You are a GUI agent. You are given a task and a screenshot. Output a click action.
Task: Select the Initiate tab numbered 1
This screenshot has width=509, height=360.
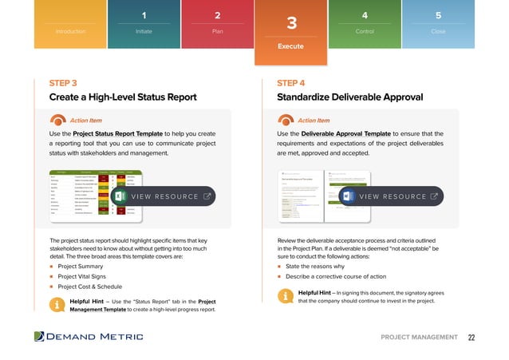pos(144,23)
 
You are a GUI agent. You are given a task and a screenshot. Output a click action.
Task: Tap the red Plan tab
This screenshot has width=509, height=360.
pos(218,23)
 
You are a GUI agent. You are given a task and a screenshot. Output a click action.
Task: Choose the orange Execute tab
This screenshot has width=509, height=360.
pos(291,32)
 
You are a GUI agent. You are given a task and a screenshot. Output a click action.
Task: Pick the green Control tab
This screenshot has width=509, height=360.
pos(365,23)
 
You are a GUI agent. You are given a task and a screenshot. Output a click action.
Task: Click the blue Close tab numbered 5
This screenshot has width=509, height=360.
pos(438,23)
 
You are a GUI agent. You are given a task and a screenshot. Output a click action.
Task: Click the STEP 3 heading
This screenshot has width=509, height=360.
pos(63,83)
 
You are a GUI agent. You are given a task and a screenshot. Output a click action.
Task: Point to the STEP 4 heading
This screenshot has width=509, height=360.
pos(290,83)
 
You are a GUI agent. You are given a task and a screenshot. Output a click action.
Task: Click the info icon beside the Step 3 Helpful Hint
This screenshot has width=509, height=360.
pos(57,304)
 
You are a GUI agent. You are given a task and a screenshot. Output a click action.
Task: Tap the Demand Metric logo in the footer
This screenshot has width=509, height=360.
pos(89,337)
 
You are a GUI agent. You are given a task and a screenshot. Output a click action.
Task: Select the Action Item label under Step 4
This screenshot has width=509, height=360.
pos(314,121)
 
